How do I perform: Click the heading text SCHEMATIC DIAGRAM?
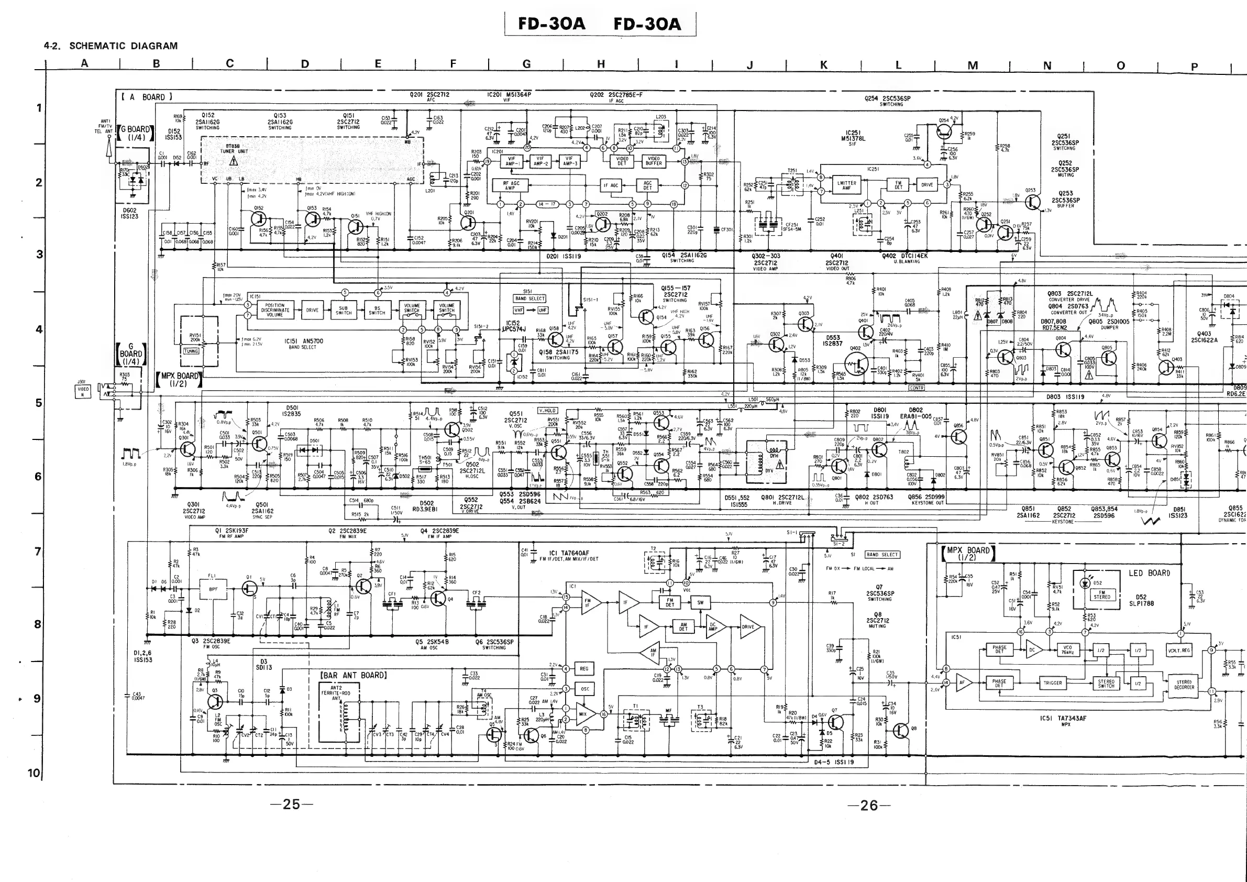[123, 46]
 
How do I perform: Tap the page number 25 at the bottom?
[292, 804]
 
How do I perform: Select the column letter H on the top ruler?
[601, 64]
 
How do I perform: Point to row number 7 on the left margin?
[38, 551]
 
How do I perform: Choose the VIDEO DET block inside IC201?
[621, 161]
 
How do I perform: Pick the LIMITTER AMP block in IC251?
[846, 186]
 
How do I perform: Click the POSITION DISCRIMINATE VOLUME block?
[275, 310]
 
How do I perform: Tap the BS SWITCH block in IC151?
[377, 310]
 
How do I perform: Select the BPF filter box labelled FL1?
[213, 588]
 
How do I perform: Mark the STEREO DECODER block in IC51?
[1184, 685]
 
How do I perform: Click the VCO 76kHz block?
[1068, 650]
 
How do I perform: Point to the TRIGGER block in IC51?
[1053, 683]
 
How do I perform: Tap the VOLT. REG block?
[1178, 650]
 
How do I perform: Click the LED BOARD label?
[1149, 573]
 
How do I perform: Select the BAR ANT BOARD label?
[354, 675]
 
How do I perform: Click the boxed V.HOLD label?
[547, 411]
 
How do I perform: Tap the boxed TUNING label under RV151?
[191, 351]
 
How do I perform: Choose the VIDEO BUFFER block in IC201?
[654, 161]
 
